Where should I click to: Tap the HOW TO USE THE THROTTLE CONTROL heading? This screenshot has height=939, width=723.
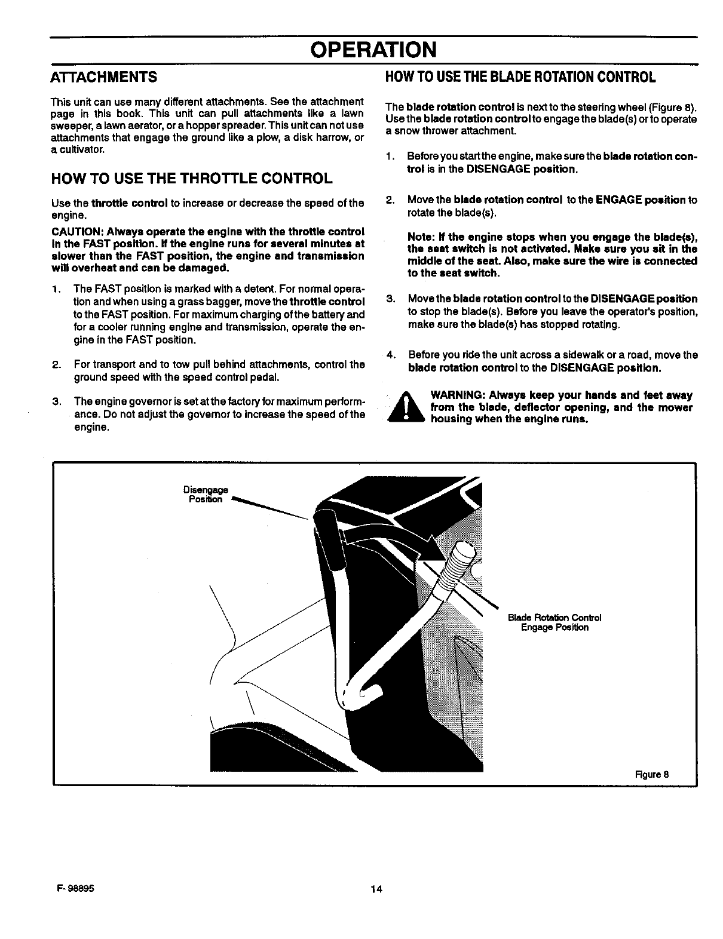191,179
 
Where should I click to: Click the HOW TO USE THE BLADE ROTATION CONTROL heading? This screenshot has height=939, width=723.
520,78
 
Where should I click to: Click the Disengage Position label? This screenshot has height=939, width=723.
205,495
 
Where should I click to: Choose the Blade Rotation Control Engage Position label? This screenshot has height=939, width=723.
554,622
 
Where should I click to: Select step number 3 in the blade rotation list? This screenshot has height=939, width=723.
390,299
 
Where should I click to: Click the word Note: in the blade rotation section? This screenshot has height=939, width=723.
421,237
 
